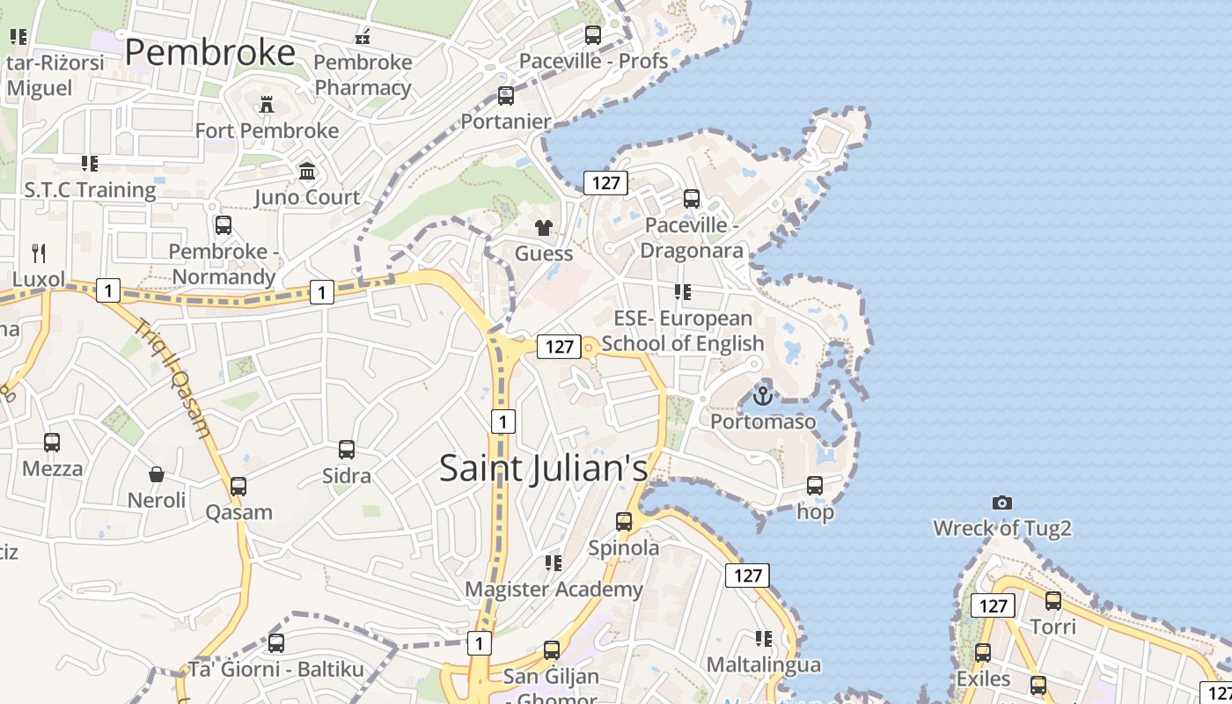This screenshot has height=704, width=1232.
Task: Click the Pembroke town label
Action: click(x=209, y=53)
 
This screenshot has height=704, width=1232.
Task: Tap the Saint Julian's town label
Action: click(x=543, y=467)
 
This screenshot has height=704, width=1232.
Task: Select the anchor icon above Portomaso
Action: click(x=763, y=395)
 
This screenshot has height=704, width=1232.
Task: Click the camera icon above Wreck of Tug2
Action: click(x=1001, y=503)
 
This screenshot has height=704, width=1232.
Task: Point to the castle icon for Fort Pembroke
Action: click(x=267, y=106)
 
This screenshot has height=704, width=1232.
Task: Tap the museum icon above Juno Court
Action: click(x=307, y=171)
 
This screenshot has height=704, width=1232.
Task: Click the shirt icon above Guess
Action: click(x=544, y=228)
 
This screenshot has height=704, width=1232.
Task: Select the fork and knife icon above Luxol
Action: click(x=38, y=253)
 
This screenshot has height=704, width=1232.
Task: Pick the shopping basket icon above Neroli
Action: click(x=157, y=475)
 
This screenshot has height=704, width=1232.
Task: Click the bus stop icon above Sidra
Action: click(x=347, y=450)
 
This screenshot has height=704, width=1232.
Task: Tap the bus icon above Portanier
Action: click(x=506, y=96)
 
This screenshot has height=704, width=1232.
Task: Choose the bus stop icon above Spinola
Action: click(x=624, y=522)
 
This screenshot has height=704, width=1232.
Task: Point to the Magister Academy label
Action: click(x=554, y=589)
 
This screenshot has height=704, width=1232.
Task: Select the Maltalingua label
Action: click(x=764, y=664)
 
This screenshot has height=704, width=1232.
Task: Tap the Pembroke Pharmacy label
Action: click(x=363, y=75)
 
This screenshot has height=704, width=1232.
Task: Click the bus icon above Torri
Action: click(x=1053, y=601)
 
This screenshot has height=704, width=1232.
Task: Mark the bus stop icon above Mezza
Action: click(x=52, y=443)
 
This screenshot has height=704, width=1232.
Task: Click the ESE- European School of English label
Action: click(x=683, y=330)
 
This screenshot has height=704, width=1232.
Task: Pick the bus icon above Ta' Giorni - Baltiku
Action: click(x=276, y=643)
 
